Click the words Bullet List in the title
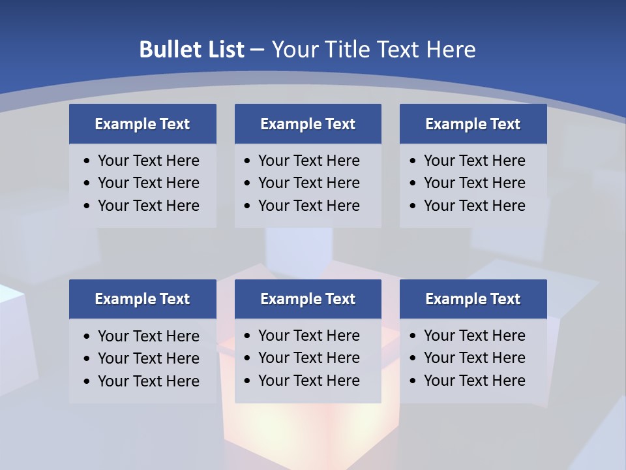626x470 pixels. click(192, 50)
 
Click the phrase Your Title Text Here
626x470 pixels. click(374, 50)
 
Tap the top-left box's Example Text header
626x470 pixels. click(142, 124)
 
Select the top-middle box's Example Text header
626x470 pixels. click(308, 124)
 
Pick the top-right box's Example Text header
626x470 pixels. click(473, 124)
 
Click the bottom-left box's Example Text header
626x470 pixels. click(142, 299)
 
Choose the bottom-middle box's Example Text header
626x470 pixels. click(308, 299)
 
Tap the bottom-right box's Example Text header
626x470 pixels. click(473, 299)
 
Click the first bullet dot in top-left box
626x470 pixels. click(87, 161)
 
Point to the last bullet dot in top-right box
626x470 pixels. click(413, 206)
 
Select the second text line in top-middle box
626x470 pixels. click(309, 183)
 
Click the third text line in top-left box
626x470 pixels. click(149, 206)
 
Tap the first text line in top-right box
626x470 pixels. click(475, 161)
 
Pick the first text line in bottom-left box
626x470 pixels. click(149, 336)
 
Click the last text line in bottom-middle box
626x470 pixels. click(309, 381)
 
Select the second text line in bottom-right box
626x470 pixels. click(475, 358)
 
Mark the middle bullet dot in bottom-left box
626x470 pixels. click(87, 359)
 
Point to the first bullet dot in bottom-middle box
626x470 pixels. click(248, 336)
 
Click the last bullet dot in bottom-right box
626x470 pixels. click(413, 381)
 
